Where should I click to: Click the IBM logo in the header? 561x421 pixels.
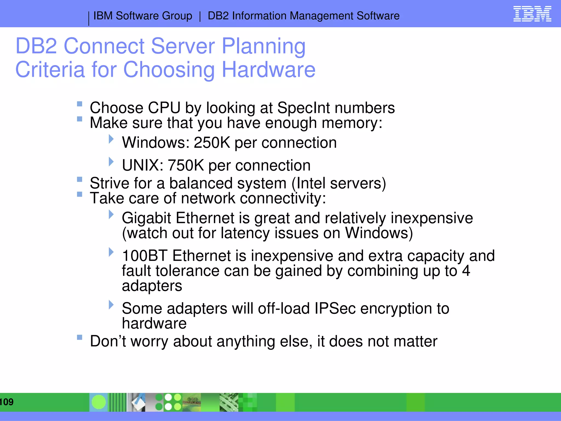(x=532, y=14)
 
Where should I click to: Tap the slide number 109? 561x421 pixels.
(x=7, y=402)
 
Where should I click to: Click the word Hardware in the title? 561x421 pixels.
(x=268, y=70)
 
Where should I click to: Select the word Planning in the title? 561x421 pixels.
(x=264, y=46)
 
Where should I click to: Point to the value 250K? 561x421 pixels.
(x=212, y=143)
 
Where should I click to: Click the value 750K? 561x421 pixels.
(x=185, y=166)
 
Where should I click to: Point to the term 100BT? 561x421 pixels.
(x=144, y=256)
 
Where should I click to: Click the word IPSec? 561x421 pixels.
(x=335, y=308)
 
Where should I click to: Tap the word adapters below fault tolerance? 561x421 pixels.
(x=152, y=286)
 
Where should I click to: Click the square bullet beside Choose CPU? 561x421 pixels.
(x=80, y=104)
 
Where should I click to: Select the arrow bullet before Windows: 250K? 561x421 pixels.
(x=111, y=139)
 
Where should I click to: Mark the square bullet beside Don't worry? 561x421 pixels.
(x=80, y=337)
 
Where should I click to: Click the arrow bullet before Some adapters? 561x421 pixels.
(x=111, y=305)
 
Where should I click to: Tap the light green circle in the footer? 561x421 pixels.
(x=99, y=402)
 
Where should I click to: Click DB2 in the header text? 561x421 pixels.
(x=218, y=16)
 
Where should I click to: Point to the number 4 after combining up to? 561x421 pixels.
(x=466, y=271)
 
